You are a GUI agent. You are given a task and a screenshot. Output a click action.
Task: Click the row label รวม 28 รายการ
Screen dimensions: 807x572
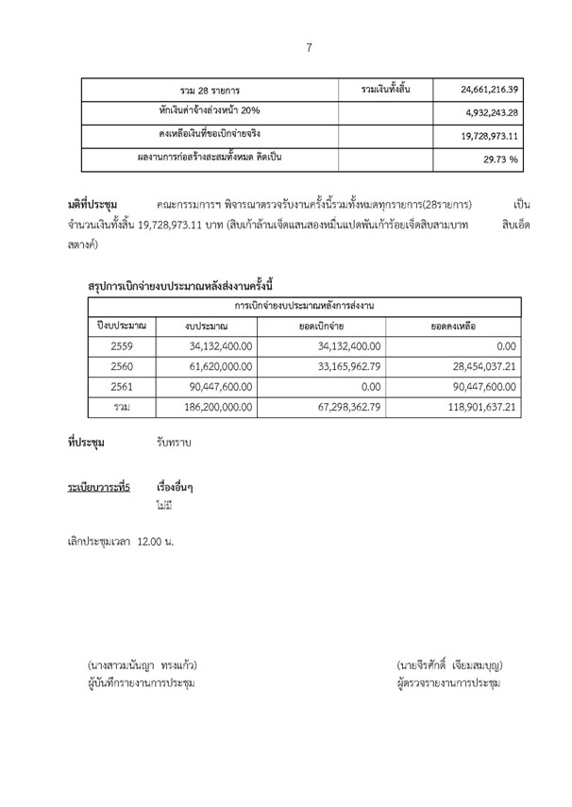coord(212,91)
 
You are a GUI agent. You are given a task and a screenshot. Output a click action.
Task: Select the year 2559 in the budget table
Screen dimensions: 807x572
coord(117,346)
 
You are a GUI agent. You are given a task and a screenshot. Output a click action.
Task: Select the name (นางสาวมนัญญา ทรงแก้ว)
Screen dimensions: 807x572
coord(138,665)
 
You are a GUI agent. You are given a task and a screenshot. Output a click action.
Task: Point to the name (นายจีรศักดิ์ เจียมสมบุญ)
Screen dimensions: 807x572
coord(448,665)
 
